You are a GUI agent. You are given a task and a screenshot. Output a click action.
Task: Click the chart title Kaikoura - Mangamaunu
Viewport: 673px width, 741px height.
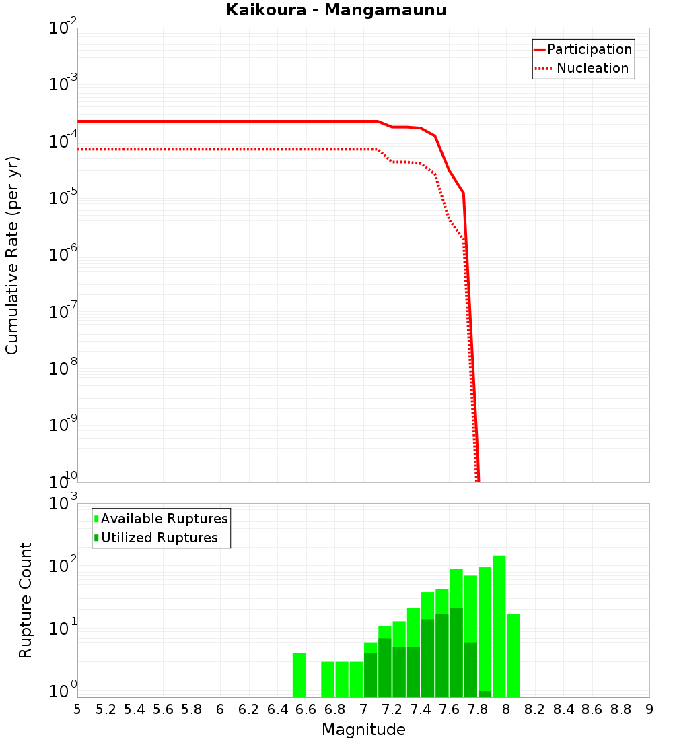click(336, 10)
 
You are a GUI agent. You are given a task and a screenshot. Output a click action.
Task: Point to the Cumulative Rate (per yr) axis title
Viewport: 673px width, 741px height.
click(12, 255)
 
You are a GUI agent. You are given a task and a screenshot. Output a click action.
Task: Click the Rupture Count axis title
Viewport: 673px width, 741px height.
click(26, 600)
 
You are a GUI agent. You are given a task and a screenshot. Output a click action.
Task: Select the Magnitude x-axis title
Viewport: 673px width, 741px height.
click(363, 730)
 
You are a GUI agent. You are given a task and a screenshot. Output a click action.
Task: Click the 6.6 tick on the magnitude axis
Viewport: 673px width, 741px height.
click(306, 709)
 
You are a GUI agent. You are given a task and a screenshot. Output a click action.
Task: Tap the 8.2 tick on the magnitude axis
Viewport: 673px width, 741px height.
click(535, 709)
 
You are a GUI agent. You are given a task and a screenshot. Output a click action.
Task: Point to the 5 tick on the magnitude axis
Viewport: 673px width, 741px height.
click(77, 709)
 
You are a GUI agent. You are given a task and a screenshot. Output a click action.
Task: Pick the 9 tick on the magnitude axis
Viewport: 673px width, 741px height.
click(649, 709)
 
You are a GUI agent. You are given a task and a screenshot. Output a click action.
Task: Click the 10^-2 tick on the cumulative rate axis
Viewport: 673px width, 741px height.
click(63, 28)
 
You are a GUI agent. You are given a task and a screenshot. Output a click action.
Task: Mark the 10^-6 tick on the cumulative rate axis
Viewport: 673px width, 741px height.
click(63, 255)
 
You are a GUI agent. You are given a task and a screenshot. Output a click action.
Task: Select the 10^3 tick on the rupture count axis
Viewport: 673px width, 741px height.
click(63, 504)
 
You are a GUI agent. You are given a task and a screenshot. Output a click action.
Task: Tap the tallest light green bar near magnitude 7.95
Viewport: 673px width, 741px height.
click(499, 626)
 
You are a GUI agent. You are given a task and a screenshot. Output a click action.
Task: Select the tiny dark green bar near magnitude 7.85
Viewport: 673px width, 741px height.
click(485, 694)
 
